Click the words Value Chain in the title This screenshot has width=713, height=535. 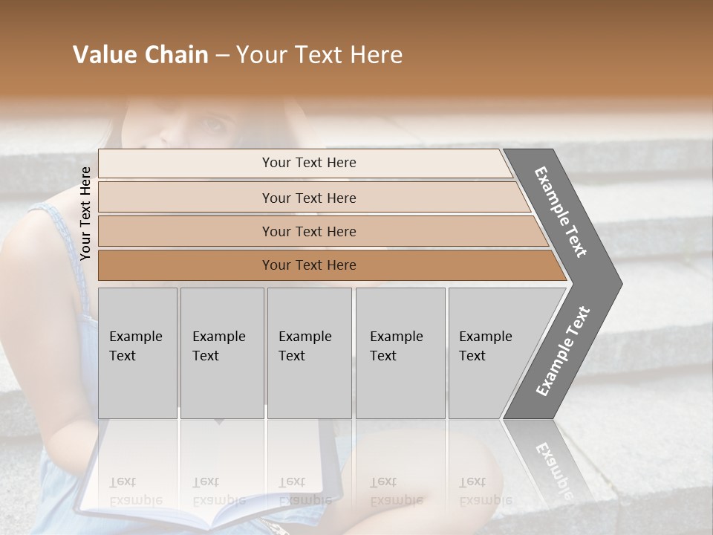(140, 55)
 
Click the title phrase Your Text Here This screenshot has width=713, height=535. (319, 55)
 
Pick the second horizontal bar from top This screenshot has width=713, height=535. (309, 198)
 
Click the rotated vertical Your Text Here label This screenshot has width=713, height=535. (85, 213)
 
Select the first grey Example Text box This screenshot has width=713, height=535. (137, 352)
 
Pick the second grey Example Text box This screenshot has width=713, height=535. (221, 352)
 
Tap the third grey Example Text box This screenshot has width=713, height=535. (309, 352)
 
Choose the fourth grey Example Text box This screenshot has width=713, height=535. (400, 352)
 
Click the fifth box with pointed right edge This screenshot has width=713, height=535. (490, 352)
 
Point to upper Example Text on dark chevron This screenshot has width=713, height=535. (561, 212)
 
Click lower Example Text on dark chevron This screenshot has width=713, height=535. (563, 351)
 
